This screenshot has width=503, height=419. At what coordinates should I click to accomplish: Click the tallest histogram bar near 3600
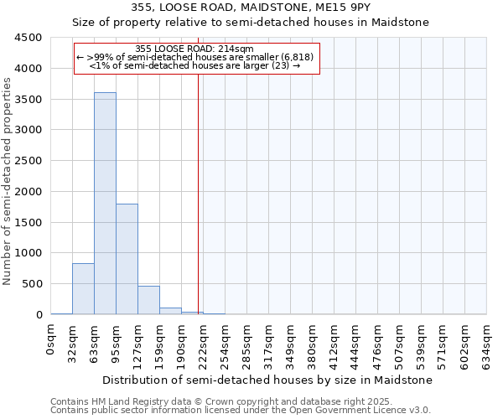105,204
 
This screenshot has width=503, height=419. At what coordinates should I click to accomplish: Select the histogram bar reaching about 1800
127,259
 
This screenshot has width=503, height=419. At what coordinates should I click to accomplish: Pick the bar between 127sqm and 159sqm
148,300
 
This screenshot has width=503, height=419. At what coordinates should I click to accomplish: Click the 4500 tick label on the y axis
29,38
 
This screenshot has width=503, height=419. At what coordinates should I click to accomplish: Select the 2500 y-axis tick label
29,161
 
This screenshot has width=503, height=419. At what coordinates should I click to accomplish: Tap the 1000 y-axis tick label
29,253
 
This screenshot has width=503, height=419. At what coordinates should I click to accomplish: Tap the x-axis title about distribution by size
268,380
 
